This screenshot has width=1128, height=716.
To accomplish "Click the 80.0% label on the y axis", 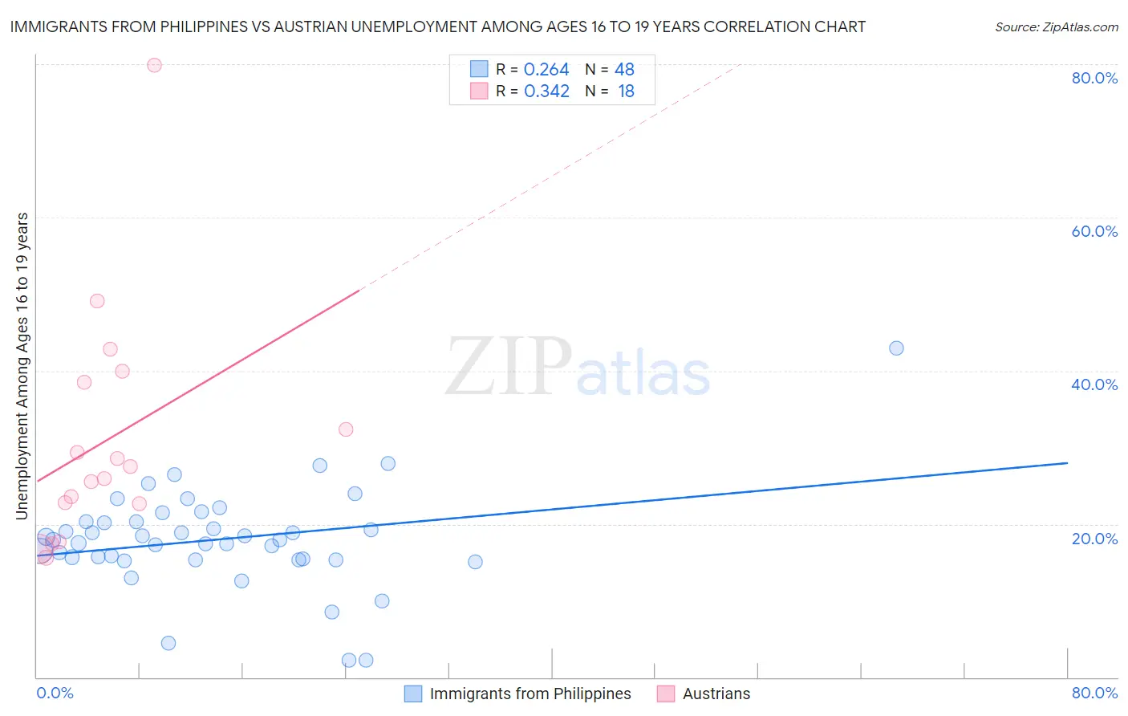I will click(1094, 78).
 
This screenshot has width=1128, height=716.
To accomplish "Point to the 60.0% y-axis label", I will click(1094, 231).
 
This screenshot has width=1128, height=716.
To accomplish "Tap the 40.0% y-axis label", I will click(1094, 384).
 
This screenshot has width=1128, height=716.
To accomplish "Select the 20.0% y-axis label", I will click(1094, 539).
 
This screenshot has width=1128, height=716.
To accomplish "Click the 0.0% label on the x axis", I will click(55, 693).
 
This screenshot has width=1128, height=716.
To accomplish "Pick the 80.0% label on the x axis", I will click(1094, 693).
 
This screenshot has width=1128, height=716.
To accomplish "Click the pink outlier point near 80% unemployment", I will click(154, 65).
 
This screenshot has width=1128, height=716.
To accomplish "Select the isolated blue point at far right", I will click(896, 348).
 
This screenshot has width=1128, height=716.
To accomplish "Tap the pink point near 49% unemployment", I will click(97, 301).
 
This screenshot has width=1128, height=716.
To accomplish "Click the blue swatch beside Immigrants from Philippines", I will click(413, 694).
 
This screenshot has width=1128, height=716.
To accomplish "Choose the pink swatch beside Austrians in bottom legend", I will click(666, 694).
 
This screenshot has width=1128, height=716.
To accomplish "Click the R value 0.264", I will click(546, 70).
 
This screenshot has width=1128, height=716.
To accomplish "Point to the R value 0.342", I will click(546, 92).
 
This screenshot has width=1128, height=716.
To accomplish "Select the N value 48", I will click(624, 70).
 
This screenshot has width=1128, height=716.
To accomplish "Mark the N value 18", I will click(626, 92).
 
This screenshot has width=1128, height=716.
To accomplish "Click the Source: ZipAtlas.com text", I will click(1056, 27).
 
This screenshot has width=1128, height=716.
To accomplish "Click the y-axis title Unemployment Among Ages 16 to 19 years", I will click(22, 365).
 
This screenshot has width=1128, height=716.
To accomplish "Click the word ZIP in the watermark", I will click(508, 367).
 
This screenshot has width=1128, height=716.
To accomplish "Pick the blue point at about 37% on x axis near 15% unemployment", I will click(475, 562).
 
